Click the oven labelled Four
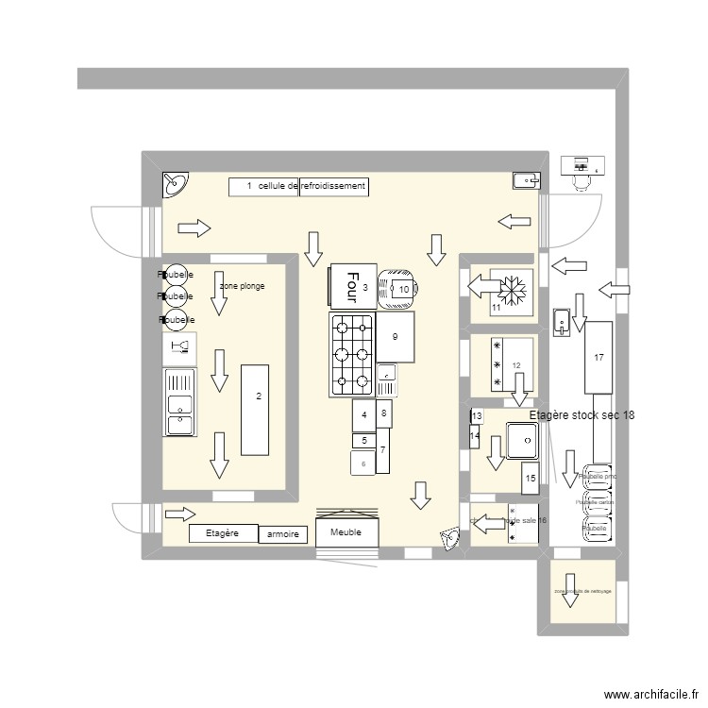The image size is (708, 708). [x=352, y=285]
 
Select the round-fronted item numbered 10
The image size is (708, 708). [x=397, y=290]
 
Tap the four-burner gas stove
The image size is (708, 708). [x=352, y=354]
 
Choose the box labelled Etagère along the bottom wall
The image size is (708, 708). [x=223, y=533]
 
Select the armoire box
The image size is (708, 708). [x=283, y=534]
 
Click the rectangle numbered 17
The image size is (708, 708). [x=598, y=357]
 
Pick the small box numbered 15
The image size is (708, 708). [x=530, y=478]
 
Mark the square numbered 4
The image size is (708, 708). [x=363, y=414]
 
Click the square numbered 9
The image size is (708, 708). [x=396, y=337]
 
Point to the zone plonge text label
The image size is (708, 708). [x=242, y=285]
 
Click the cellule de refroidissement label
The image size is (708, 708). [x=298, y=187]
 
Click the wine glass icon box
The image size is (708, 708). [x=179, y=349]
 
